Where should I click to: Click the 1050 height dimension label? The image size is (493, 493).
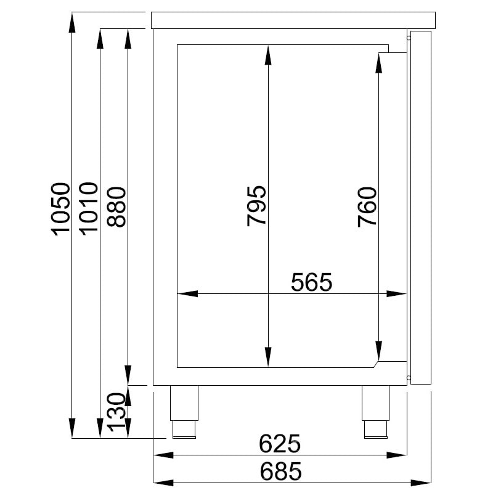point(61,208)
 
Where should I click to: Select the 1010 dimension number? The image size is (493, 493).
point(88,208)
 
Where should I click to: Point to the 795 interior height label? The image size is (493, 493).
point(256,205)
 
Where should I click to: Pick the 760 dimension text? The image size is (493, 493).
point(367,206)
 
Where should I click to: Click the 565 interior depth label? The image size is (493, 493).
point(311,282)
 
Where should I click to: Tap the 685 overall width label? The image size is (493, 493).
point(280,471)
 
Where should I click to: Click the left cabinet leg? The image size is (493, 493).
point(184,411)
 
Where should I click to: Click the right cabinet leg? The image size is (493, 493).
point(375,411)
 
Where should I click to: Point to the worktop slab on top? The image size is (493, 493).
point(293,20)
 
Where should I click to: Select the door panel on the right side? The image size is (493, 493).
point(420,206)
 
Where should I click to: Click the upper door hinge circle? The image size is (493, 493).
point(409,37)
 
